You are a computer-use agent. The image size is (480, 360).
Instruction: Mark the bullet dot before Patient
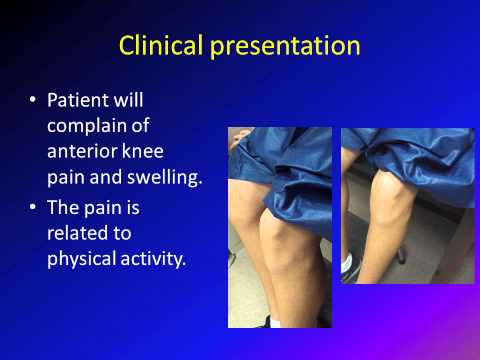tap(33, 103)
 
